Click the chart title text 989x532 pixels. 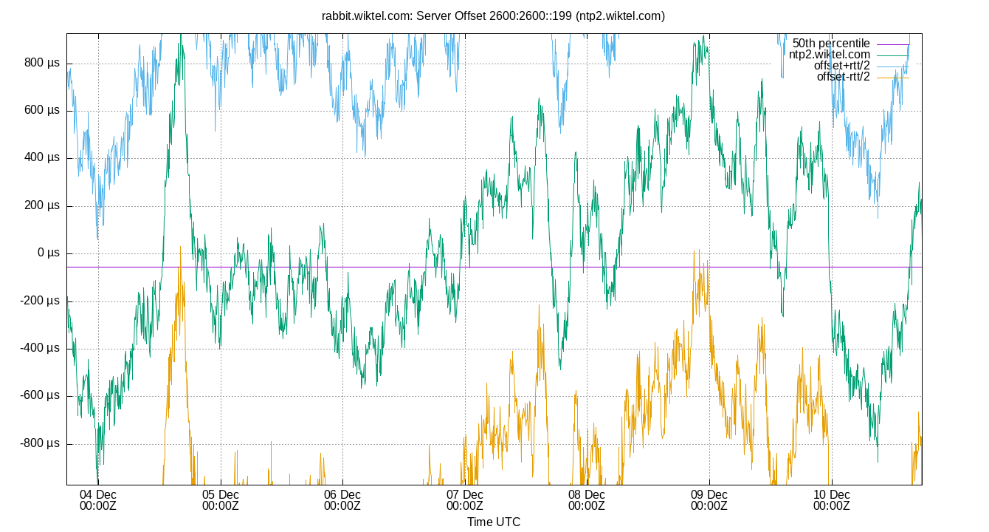pos(493,16)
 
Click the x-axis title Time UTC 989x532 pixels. pos(494,522)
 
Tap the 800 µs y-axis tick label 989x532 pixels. pos(42,64)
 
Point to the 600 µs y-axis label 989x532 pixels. pos(42,111)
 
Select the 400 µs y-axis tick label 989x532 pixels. pos(42,158)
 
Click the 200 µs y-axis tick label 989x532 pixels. pos(42,206)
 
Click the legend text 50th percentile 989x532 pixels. pos(831,44)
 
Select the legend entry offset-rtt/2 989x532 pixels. pos(843,77)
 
